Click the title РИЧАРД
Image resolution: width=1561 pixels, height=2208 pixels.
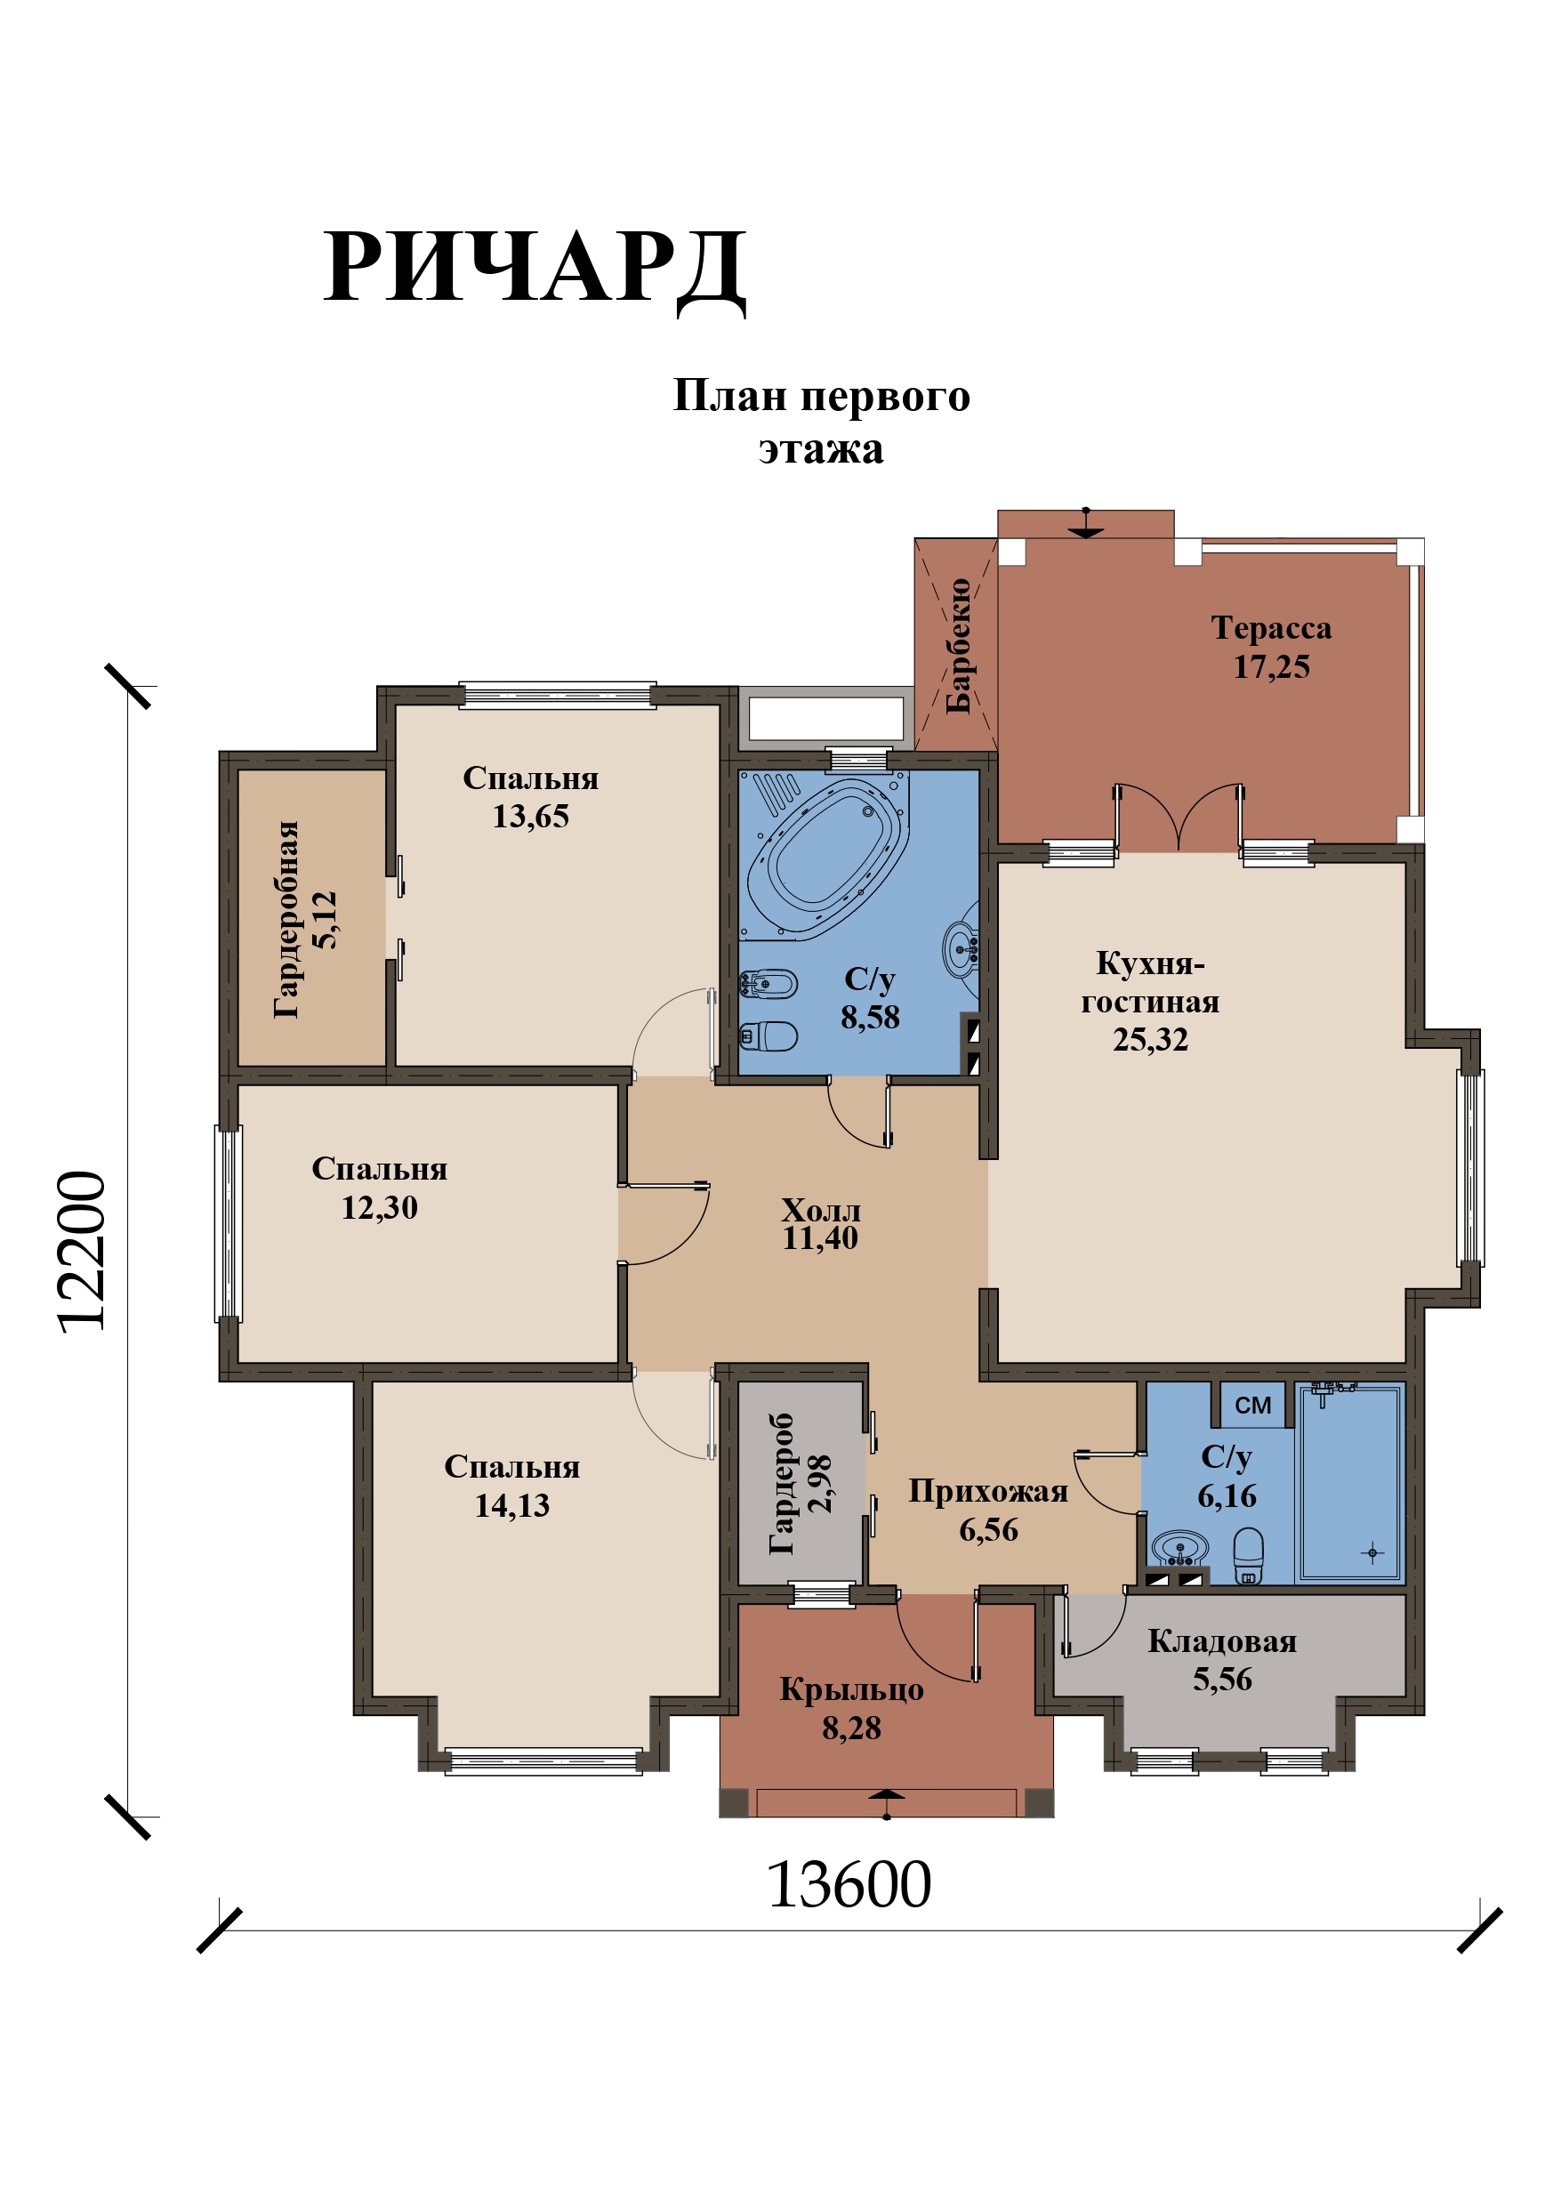coord(535,270)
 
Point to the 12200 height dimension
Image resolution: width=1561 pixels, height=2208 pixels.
coord(81,1251)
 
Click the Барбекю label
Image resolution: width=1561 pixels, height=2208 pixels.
coord(959,646)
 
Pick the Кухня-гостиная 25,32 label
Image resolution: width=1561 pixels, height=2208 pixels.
coord(1150,1001)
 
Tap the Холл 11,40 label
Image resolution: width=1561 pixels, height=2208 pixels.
coord(820,1223)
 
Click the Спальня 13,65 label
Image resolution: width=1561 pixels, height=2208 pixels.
coord(531,796)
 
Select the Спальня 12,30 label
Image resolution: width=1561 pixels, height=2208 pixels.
coord(380,1187)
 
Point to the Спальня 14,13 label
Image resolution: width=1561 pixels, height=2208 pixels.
coord(511,1485)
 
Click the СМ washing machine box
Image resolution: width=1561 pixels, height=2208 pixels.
coord(1253,1405)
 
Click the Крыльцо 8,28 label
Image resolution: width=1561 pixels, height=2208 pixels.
coord(851,1708)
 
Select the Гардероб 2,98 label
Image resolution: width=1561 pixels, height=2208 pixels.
coord(801,1484)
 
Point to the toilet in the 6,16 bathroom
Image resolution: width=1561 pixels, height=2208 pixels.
coord(1249,1556)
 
